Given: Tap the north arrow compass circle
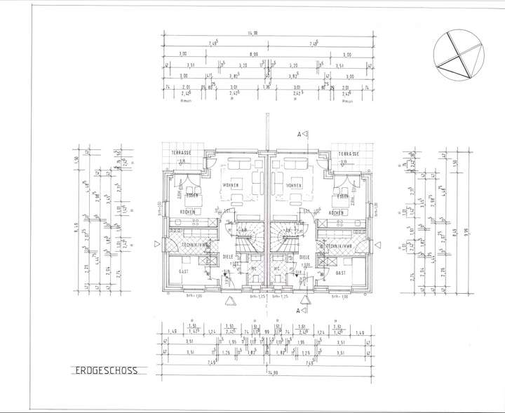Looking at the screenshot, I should click(459, 57).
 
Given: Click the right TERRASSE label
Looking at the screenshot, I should click(348, 154).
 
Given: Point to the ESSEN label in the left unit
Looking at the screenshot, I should click(191, 195).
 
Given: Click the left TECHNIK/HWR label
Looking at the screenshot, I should click(193, 245).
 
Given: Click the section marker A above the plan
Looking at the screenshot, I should click(299, 133).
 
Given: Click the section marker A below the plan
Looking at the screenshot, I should click(299, 309).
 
